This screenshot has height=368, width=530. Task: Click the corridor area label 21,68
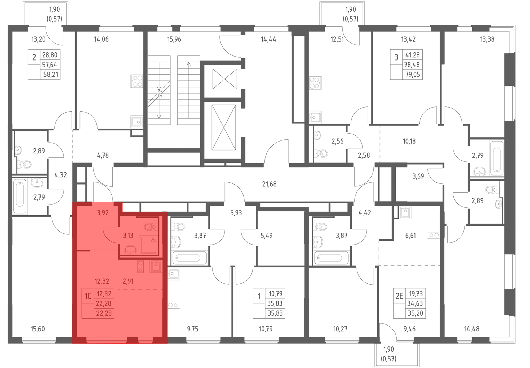[x=269, y=184]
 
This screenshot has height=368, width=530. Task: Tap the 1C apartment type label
[x=88, y=296]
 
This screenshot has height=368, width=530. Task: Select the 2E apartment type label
[x=399, y=296]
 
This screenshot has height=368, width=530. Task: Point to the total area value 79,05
[x=413, y=75]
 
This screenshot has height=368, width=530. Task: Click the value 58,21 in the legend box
[x=51, y=75]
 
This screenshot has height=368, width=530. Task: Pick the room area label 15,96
[x=174, y=39]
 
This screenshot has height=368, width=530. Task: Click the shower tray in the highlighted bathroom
[x=149, y=245]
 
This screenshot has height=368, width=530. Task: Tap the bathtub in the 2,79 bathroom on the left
[x=20, y=196]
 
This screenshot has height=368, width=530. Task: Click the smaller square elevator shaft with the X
[x=225, y=79]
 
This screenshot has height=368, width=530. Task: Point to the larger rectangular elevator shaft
[x=224, y=127]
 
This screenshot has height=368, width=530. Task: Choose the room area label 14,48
[x=472, y=329]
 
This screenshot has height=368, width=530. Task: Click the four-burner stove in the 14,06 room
[x=137, y=81]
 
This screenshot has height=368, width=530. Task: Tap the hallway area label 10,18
[x=409, y=141]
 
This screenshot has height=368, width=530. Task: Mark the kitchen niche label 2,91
[x=128, y=281]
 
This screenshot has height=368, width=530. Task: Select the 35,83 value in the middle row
[x=275, y=303]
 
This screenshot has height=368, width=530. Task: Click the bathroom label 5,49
[x=266, y=236]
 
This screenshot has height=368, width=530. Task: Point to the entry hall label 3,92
[x=103, y=213]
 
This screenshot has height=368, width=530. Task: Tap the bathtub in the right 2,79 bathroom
[x=497, y=158]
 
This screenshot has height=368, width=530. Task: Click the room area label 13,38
[x=487, y=39]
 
